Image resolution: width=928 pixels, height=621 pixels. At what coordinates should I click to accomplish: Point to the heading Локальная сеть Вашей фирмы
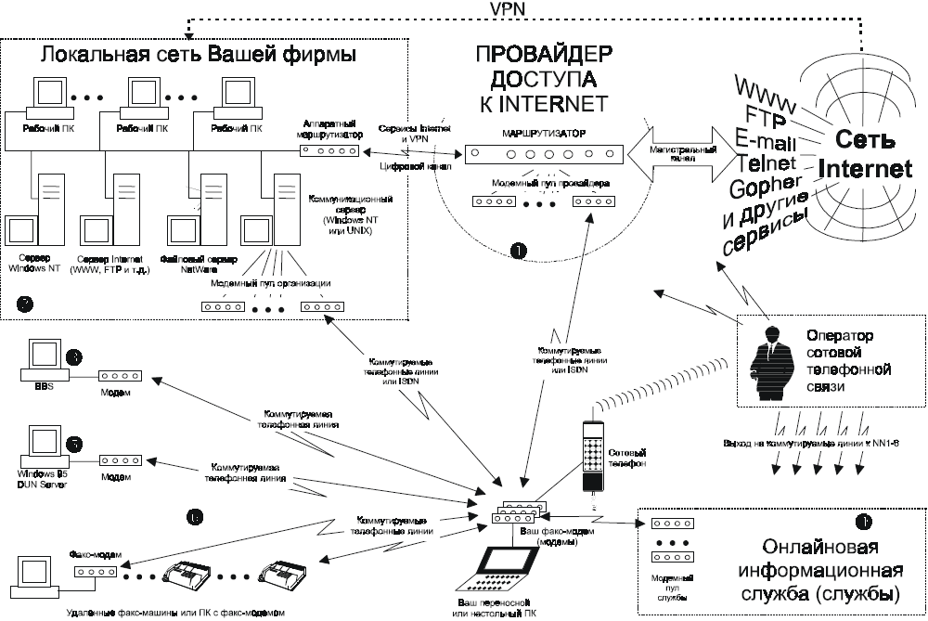coord(199,55)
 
